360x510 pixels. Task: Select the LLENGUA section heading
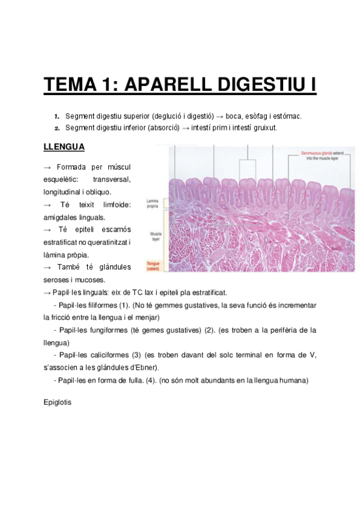(64, 147)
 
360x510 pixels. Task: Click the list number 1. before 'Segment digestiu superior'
(56, 116)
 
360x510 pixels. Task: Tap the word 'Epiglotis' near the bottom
(58, 402)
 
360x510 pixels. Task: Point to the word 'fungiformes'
(103, 330)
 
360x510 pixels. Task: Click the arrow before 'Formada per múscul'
(47, 167)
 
